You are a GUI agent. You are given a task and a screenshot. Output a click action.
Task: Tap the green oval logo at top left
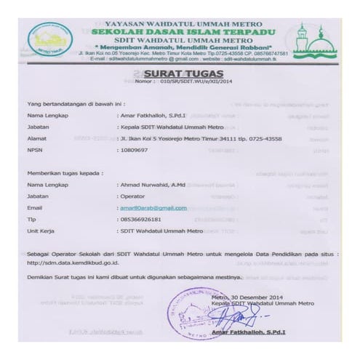click(x=52, y=39)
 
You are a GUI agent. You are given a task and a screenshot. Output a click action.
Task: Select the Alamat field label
click(x=36, y=137)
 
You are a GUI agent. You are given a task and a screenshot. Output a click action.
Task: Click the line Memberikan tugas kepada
click(x=60, y=175)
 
